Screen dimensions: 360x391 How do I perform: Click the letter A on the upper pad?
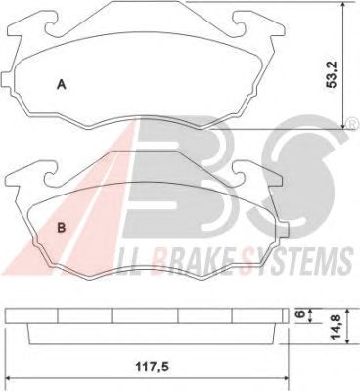click(x=62, y=85)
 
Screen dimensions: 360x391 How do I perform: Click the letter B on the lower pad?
click(x=62, y=228)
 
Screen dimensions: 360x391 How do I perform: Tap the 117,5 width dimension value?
click(x=152, y=368)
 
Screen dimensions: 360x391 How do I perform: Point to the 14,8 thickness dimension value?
click(x=336, y=326)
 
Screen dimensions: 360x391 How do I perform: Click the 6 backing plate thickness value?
click(x=300, y=314)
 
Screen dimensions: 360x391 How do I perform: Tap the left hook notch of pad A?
click(x=51, y=27)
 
